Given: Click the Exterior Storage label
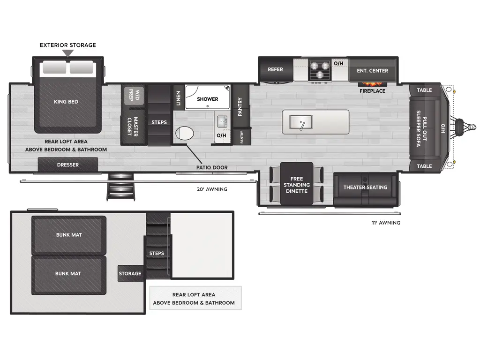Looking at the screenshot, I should pos(67,45).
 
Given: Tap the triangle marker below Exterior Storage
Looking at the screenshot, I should pos(68,53).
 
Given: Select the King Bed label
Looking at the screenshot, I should pos(66,102).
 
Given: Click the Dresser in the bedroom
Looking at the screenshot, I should pos(68,165).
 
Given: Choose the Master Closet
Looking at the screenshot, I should pos(133,127).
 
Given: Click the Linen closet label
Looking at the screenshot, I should pos(178,97).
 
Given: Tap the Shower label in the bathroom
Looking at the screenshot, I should pos(207,99).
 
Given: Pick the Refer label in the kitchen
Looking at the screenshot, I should pos(275,69).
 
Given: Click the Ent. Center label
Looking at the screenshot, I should pos(372,71).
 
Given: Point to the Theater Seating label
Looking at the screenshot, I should pos(365,187).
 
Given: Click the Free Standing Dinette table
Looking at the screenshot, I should pos(296,185).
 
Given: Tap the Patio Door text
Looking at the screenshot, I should pos(212,167).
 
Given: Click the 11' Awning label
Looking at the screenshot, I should pos(385,223).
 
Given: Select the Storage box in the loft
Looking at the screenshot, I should pos(130,273).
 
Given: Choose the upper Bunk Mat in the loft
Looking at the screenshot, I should pos(69,235).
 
